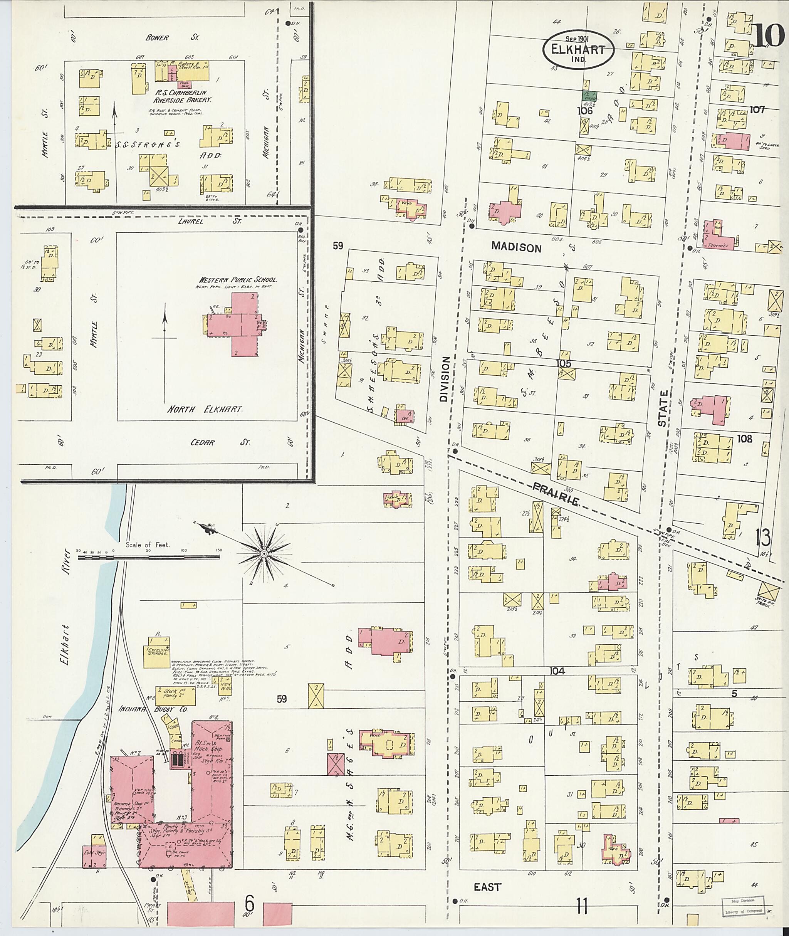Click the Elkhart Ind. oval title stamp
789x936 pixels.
click(578, 49)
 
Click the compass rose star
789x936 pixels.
click(264, 554)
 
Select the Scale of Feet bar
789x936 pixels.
click(148, 558)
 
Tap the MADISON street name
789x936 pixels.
click(516, 247)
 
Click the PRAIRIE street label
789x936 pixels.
click(556, 495)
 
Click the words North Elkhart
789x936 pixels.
click(205, 409)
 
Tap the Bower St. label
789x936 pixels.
click(172, 38)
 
